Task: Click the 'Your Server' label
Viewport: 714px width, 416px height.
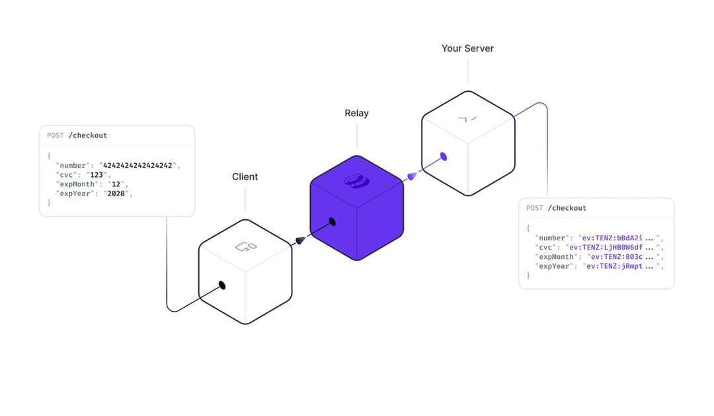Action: tap(467, 49)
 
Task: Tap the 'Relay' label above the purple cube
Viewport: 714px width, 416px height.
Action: tap(356, 113)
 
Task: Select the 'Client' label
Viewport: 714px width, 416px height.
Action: tap(245, 177)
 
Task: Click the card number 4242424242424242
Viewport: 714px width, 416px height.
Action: tap(138, 166)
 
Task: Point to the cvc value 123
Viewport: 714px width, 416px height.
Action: tap(97, 175)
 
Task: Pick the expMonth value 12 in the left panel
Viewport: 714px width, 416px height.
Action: tap(116, 184)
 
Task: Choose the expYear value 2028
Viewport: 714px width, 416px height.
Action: tap(116, 193)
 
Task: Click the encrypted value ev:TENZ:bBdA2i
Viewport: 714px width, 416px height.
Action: tap(612, 238)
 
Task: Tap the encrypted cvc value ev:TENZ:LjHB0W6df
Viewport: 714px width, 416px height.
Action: tap(606, 248)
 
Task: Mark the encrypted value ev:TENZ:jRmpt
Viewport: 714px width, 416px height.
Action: tap(614, 266)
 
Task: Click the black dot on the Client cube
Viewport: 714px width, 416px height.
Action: tap(222, 285)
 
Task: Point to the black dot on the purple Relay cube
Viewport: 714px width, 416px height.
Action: tap(333, 222)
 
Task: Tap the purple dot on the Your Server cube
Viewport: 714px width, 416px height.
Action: tap(444, 157)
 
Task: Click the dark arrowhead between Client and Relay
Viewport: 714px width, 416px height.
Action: tap(301, 240)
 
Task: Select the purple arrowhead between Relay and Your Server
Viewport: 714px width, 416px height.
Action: tap(412, 176)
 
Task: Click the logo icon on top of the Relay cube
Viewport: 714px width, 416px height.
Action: tap(357, 181)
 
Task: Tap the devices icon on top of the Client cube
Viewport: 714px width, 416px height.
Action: tap(246, 247)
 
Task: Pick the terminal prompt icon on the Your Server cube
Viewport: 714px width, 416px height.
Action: tap(467, 119)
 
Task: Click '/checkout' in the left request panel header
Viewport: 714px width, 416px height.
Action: tap(88, 135)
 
